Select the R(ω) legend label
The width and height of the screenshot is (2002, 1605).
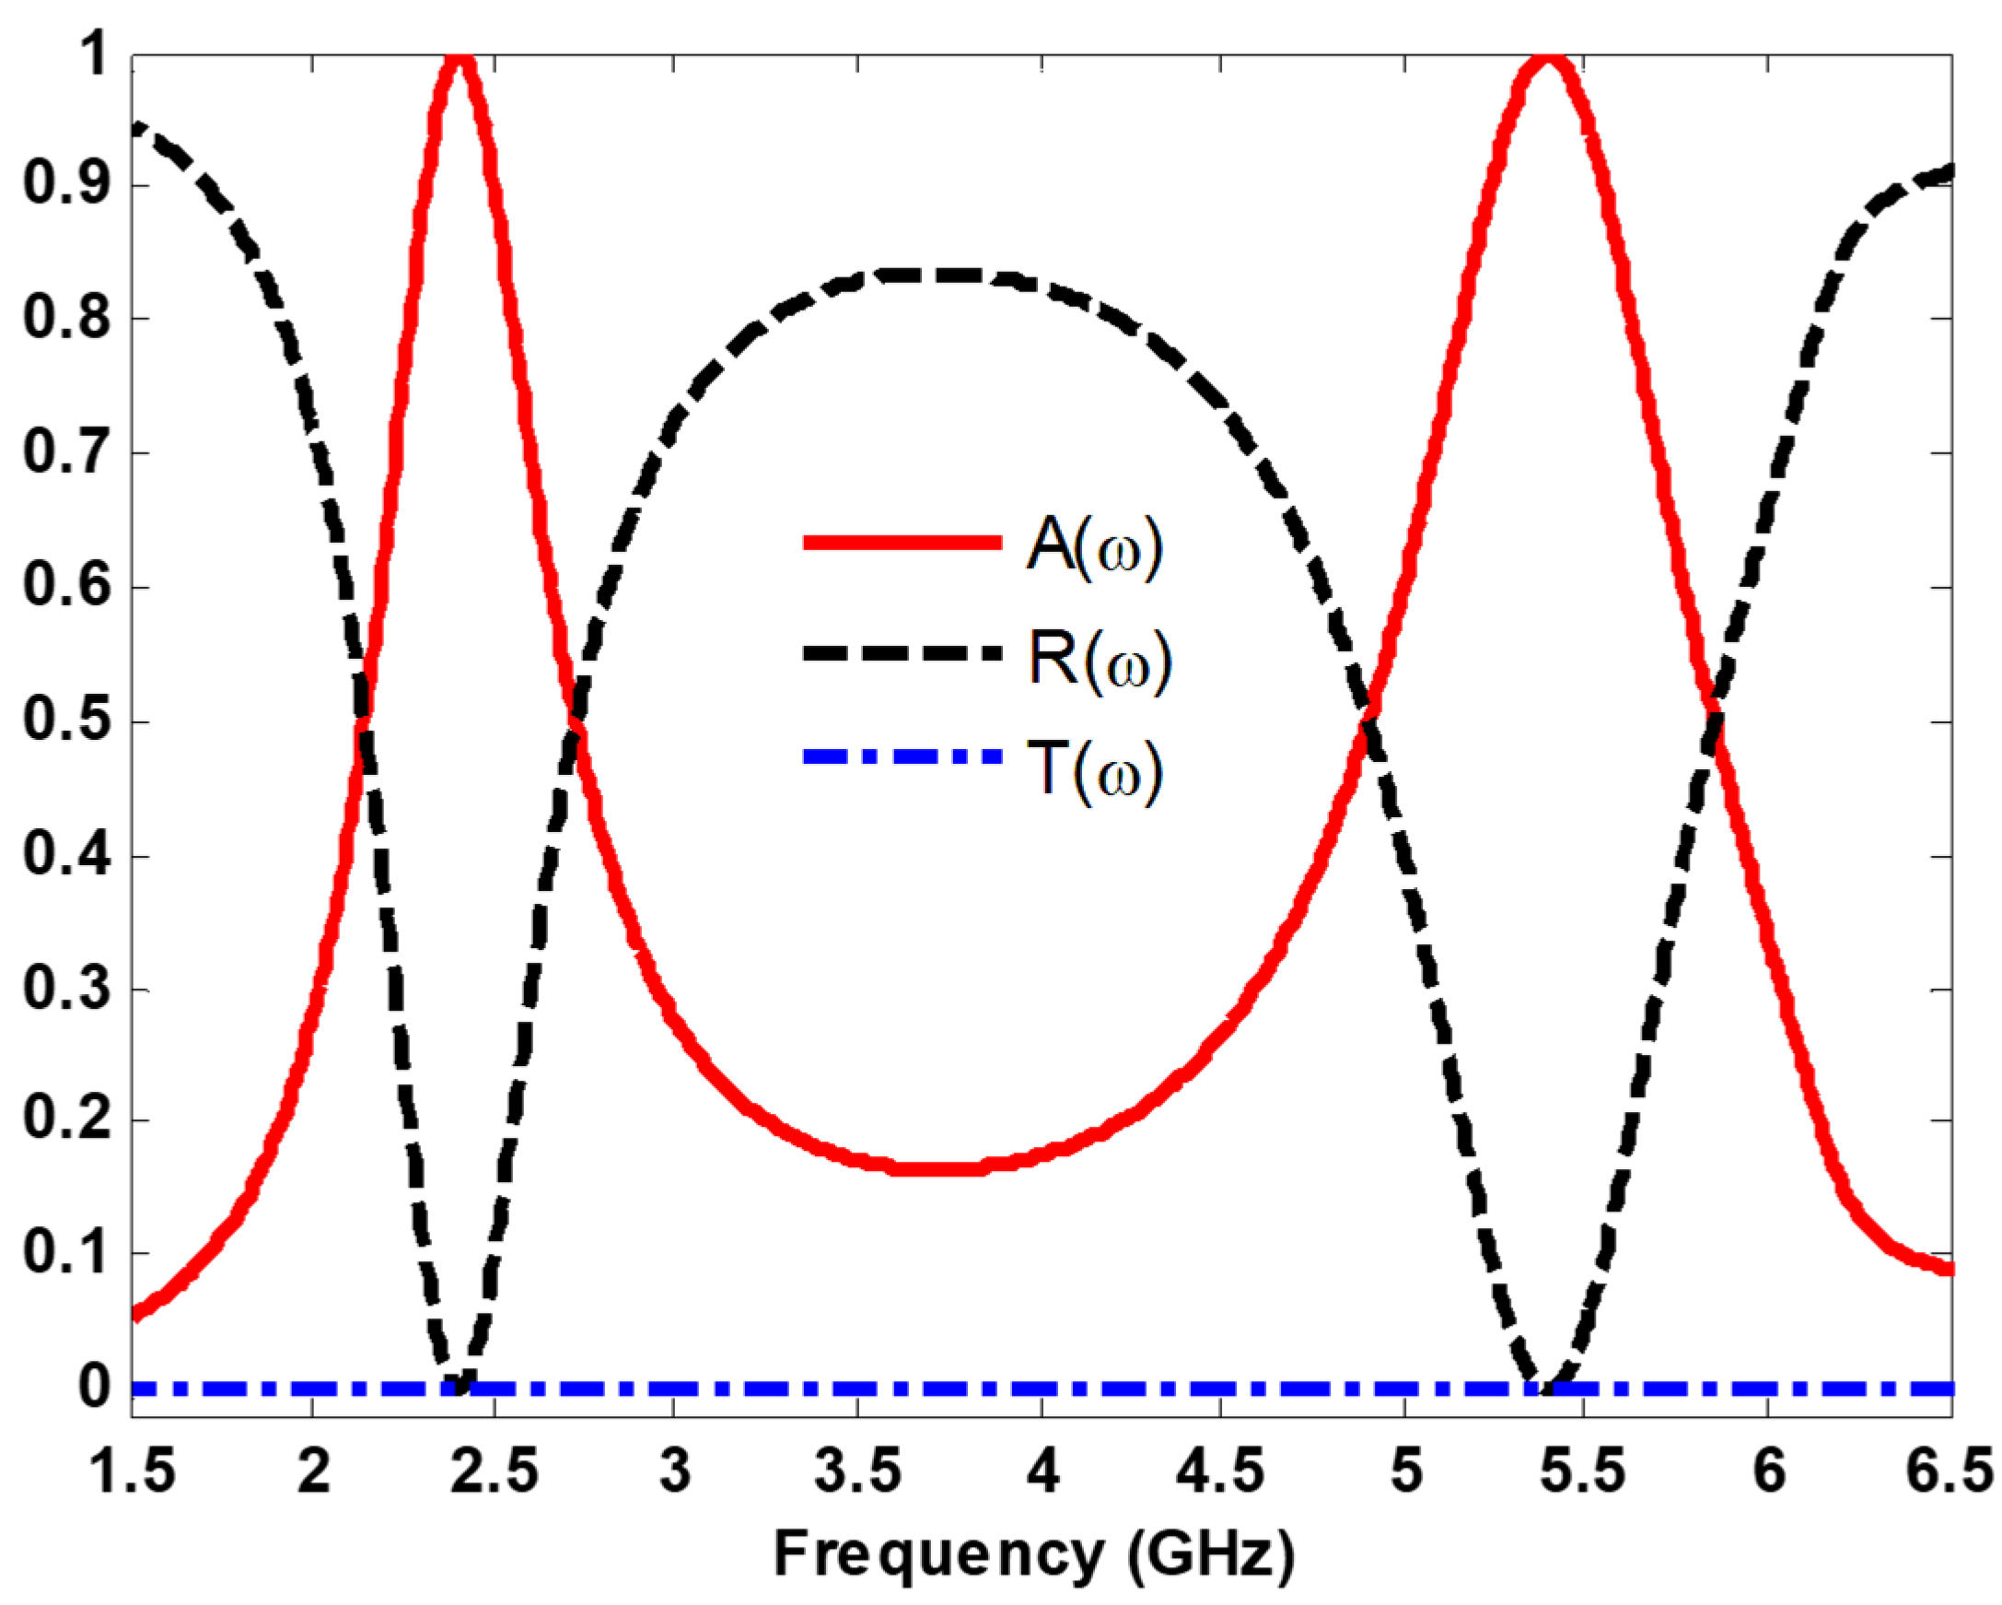(1099, 659)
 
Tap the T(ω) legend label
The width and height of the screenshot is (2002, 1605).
(1094, 770)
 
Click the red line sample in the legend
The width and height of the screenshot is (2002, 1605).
(902, 544)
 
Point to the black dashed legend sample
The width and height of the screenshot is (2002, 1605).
(902, 653)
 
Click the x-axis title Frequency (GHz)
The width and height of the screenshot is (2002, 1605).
(1033, 1554)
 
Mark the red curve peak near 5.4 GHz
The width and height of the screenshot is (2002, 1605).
(1546, 60)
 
